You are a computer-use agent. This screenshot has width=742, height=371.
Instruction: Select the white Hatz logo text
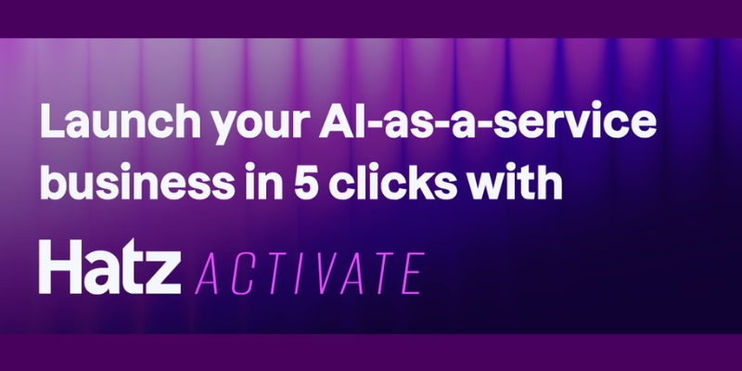(x=109, y=266)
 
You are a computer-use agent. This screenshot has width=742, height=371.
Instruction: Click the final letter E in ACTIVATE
(x=413, y=274)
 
